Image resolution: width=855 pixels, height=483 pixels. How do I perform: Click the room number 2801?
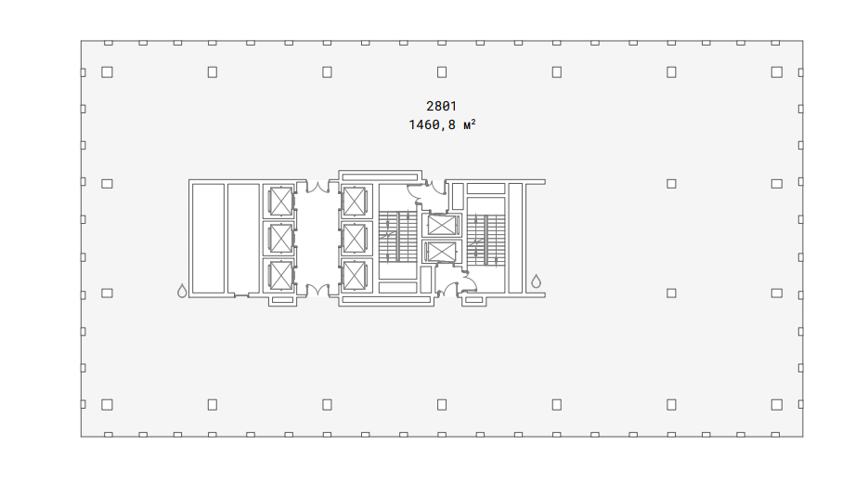(441, 107)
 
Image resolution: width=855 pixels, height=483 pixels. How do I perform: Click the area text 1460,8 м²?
(442, 125)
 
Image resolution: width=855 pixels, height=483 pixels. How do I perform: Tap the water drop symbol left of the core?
(182, 291)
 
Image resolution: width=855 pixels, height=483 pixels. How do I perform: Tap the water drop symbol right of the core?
(537, 281)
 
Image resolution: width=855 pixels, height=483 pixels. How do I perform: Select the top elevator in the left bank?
(280, 202)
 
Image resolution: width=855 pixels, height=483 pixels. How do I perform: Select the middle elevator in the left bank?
(280, 239)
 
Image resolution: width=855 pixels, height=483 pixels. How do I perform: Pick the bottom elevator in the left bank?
(280, 276)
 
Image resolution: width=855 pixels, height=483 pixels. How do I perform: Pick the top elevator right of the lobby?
(354, 202)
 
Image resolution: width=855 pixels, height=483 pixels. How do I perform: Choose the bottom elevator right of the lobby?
(354, 276)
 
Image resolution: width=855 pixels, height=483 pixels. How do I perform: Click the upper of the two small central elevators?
(441, 225)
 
